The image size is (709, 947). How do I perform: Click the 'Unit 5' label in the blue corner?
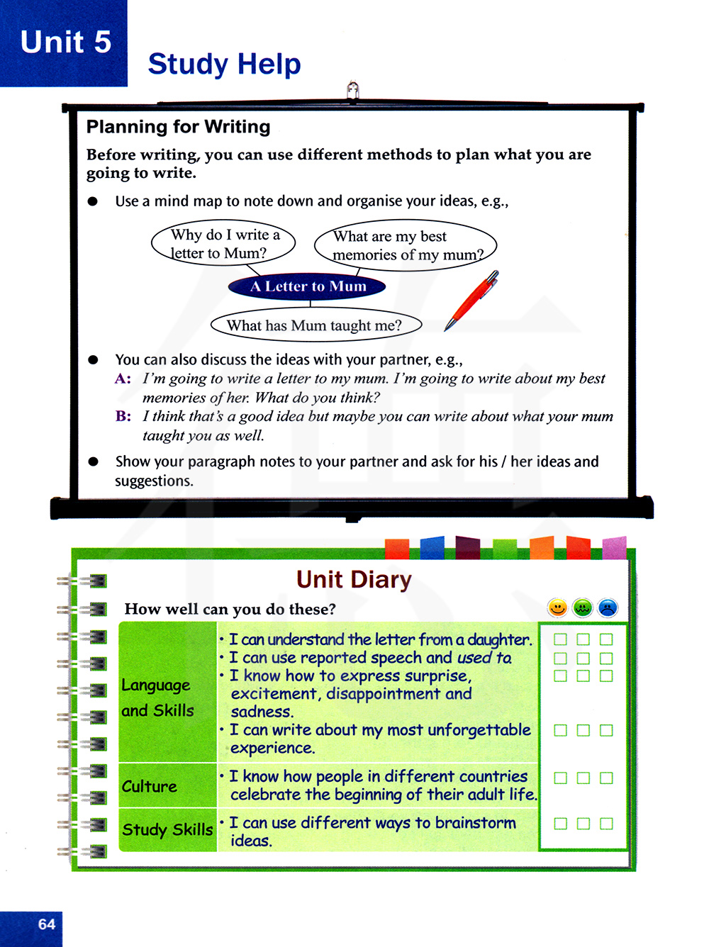click(66, 42)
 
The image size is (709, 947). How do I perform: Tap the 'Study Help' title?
click(224, 64)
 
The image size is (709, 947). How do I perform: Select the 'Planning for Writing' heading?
click(178, 127)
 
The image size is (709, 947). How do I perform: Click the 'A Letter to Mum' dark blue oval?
click(308, 286)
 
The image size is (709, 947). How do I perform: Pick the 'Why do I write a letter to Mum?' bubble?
click(224, 244)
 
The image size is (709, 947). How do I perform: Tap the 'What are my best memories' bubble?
click(406, 245)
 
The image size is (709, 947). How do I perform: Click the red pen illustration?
click(472, 301)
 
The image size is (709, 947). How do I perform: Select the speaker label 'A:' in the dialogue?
click(123, 379)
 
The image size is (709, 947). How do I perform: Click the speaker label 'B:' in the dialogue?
click(123, 416)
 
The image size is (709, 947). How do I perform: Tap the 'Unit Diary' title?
click(354, 579)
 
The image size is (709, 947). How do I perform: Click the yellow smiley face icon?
click(558, 607)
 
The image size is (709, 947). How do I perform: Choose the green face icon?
click(583, 607)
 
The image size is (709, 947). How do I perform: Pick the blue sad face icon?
click(608, 607)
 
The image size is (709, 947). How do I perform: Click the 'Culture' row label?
click(149, 786)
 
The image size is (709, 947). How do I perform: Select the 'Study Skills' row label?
click(167, 829)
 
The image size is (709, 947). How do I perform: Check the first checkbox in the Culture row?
click(560, 778)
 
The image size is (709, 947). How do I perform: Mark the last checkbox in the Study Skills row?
click(606, 824)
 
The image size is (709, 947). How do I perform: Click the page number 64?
click(47, 924)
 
